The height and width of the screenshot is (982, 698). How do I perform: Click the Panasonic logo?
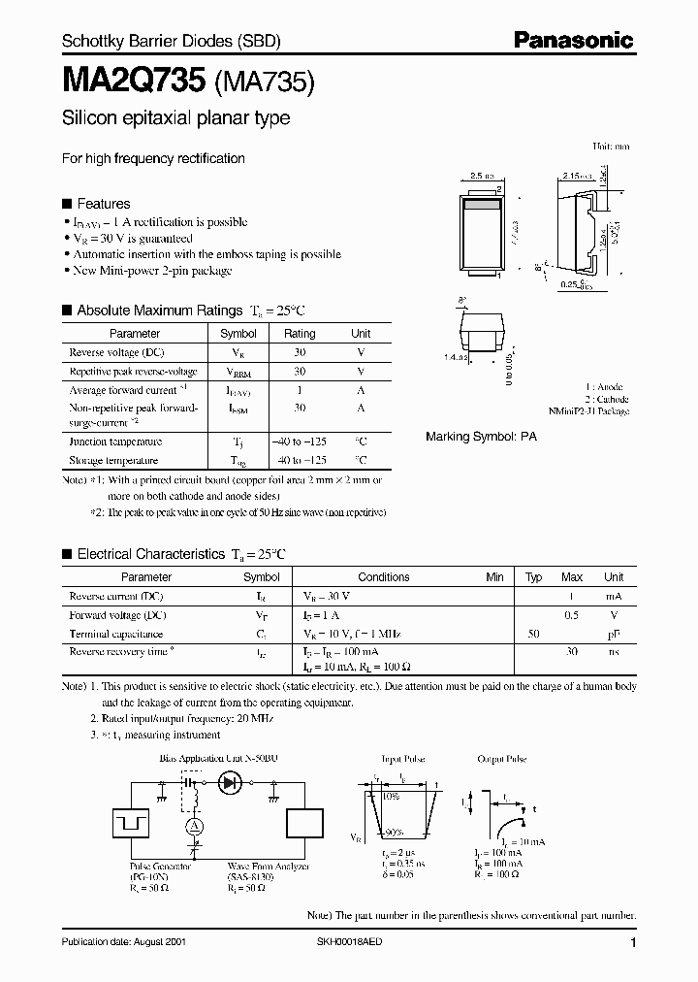(573, 40)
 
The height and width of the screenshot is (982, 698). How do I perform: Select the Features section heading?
(103, 204)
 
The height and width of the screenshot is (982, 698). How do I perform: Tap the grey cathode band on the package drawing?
(481, 205)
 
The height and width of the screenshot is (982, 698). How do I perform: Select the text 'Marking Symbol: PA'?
(481, 437)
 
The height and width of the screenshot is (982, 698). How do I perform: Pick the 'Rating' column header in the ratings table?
(300, 334)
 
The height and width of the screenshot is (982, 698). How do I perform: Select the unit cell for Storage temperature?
(361, 460)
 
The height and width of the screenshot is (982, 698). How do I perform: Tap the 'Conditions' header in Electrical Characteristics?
(384, 577)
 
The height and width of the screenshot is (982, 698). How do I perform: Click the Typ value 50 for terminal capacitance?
(533, 634)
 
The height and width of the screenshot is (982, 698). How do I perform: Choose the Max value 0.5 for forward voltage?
(572, 615)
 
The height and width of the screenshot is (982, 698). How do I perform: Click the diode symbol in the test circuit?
(230, 780)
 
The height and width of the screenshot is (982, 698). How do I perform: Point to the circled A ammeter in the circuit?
(193, 825)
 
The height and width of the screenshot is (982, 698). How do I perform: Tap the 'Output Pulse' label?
(502, 759)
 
